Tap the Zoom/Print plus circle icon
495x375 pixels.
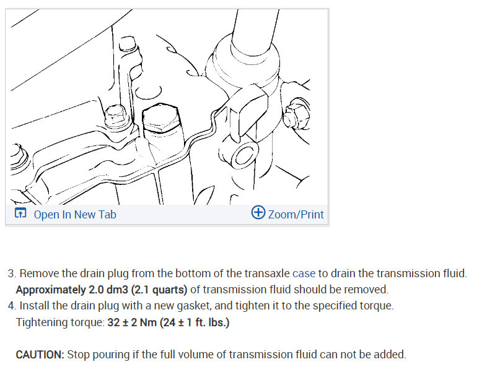(x=258, y=212)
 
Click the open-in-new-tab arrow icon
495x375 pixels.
(x=20, y=213)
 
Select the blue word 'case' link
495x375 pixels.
(x=304, y=273)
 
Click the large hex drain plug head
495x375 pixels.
(x=161, y=118)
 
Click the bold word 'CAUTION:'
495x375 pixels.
(x=40, y=355)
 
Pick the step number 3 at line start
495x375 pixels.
(x=12, y=274)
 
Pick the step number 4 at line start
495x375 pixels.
(x=12, y=306)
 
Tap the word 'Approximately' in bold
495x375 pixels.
(x=51, y=290)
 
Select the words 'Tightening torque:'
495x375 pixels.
(x=60, y=322)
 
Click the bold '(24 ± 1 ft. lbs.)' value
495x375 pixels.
(x=195, y=322)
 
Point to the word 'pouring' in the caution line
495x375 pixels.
(x=111, y=355)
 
